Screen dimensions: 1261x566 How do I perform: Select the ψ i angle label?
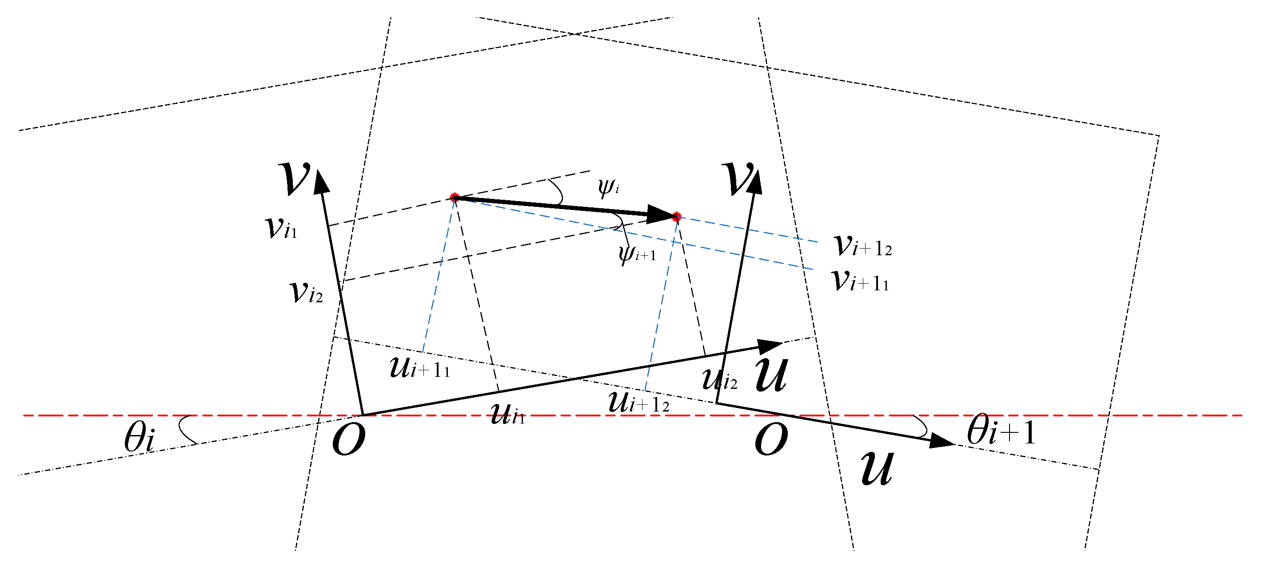pyautogui.click(x=608, y=187)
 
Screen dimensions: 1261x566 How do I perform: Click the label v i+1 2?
pyautogui.click(x=862, y=245)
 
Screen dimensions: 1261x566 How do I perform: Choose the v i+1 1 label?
pyautogui.click(x=861, y=281)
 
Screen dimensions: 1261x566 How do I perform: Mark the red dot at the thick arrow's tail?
pyautogui.click(x=455, y=198)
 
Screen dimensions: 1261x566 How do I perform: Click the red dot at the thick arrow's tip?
pyautogui.click(x=677, y=217)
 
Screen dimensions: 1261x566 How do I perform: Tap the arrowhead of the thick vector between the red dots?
pyautogui.click(x=659, y=214)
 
